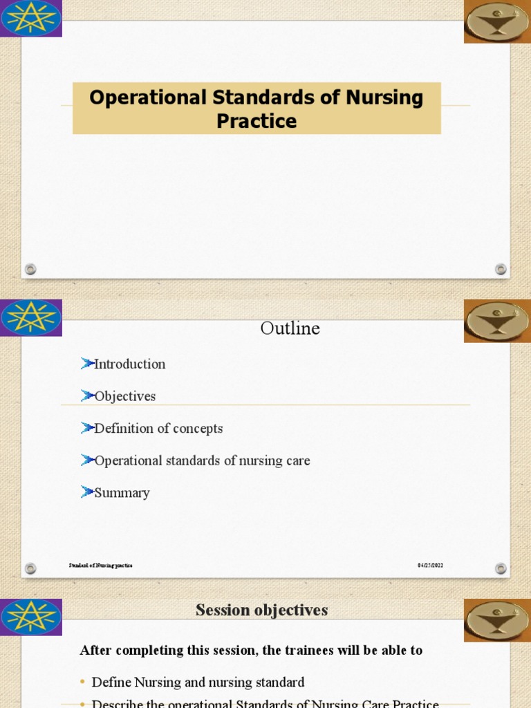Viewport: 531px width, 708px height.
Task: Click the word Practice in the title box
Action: (x=257, y=121)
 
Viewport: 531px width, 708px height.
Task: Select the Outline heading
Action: (x=290, y=328)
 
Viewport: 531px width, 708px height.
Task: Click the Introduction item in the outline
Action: (x=129, y=364)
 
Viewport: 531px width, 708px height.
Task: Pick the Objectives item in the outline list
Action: (x=124, y=396)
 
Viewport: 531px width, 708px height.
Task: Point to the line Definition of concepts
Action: (x=158, y=428)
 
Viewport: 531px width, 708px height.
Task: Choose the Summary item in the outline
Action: (x=122, y=493)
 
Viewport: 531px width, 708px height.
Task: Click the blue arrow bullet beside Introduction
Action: (x=86, y=363)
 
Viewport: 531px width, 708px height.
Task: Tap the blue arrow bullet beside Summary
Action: (x=86, y=492)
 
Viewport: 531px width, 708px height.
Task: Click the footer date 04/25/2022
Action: (x=429, y=565)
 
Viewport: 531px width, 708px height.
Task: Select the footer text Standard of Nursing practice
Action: (x=100, y=565)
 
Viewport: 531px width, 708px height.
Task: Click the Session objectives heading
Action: (x=261, y=610)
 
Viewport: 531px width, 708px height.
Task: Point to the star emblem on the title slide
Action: (x=31, y=18)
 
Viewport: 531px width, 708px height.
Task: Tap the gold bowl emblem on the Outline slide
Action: (x=496, y=320)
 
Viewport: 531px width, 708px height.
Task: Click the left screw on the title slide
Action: (x=30, y=269)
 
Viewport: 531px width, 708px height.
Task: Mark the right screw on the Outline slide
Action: (x=501, y=568)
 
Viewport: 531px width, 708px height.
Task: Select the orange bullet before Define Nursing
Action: (x=83, y=682)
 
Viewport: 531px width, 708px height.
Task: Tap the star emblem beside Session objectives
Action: (x=31, y=617)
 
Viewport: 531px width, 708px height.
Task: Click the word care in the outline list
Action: (x=298, y=460)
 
